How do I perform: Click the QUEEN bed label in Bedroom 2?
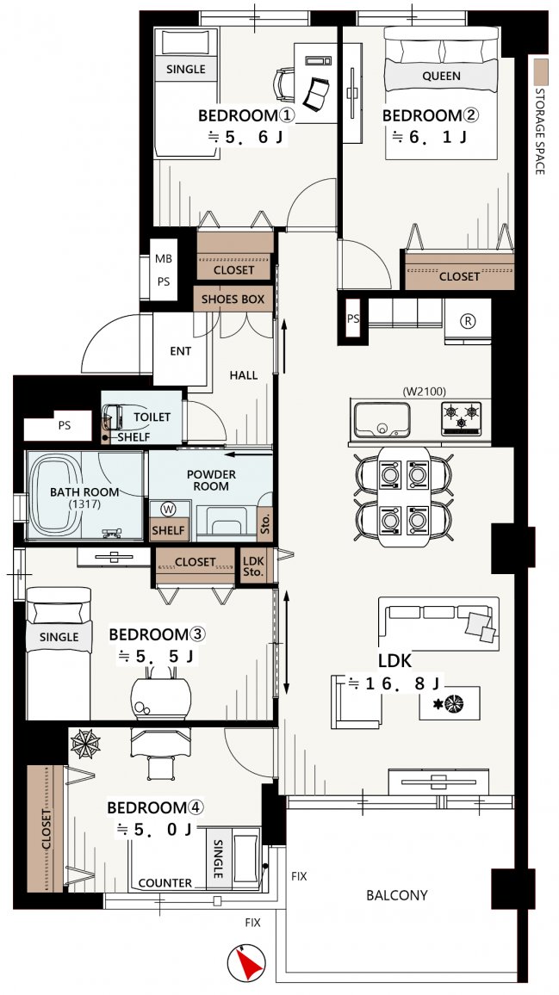pos(441,76)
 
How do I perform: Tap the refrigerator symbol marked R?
pos(469,321)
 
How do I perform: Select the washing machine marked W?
pos(168,509)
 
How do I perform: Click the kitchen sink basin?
pos(382,420)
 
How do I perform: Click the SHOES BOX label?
pos(233,299)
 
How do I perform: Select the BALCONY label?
pos(397,895)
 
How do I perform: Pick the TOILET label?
pos(152,417)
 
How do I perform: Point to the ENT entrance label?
pos(180,351)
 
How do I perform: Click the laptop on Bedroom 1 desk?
pos(316,93)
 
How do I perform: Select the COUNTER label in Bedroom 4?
pos(165,883)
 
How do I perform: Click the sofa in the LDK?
pos(438,623)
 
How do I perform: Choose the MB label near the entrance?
pos(164,259)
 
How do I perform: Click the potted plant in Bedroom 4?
pos(85,744)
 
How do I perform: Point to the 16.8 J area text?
pos(395,683)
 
